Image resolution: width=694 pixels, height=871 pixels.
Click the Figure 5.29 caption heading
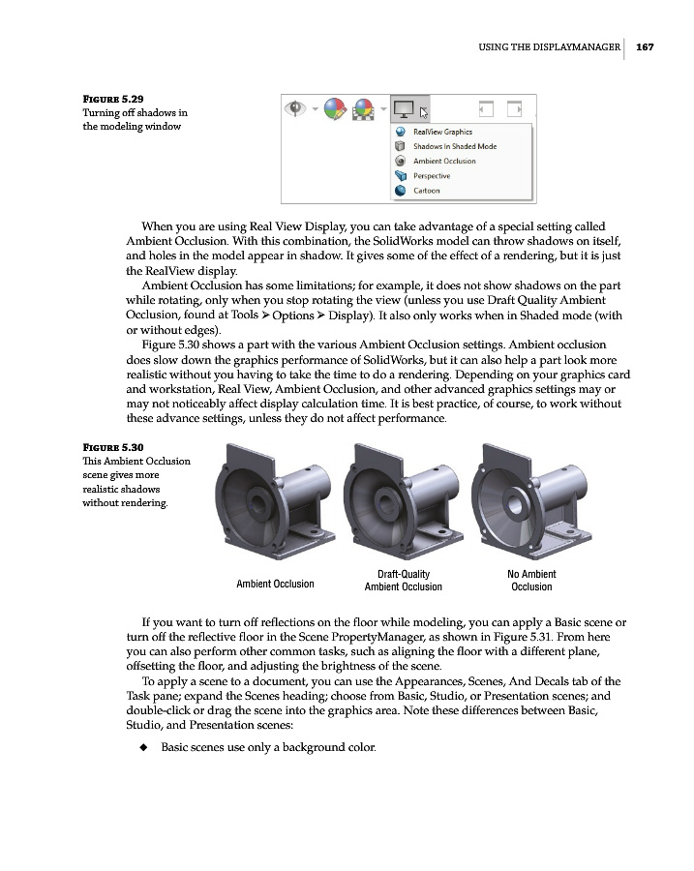(x=113, y=99)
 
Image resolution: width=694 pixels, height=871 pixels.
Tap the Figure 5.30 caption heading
(x=113, y=447)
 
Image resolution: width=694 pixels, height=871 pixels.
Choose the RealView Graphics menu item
(x=442, y=132)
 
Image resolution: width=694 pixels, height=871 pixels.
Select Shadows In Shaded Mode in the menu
(x=454, y=146)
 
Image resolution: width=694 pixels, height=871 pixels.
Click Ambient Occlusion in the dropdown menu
(x=444, y=161)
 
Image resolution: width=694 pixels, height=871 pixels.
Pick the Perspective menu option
(x=431, y=176)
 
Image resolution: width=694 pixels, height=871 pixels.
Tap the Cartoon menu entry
(x=426, y=191)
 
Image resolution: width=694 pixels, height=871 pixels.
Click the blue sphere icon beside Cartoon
(x=401, y=191)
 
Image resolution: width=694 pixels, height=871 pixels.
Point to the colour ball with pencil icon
(x=334, y=107)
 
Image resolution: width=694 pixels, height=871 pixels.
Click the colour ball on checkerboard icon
(x=365, y=107)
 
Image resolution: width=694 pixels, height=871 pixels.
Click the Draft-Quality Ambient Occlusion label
(x=403, y=581)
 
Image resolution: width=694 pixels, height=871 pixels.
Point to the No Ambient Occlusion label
(x=531, y=581)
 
